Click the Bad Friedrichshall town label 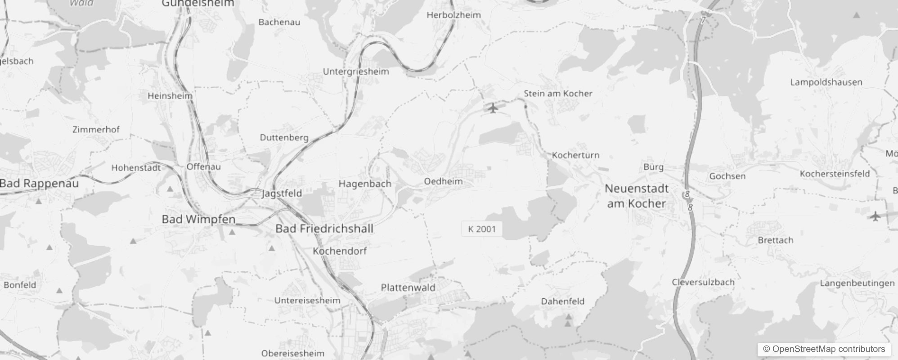tap(324, 229)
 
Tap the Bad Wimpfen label tap(198, 219)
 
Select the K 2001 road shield tap(481, 229)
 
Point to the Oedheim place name tap(443, 181)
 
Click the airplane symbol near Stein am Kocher tap(493, 108)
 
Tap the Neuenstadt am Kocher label tap(636, 196)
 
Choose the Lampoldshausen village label tap(826, 82)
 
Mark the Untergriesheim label tap(356, 72)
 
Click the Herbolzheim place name tap(453, 15)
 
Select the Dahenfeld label tap(562, 301)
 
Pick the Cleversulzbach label tap(703, 283)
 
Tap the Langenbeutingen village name tap(857, 283)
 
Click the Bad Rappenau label tap(39, 184)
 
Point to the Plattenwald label tap(408, 288)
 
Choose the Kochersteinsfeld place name tap(835, 174)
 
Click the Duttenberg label tap(284, 138)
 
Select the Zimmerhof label tap(96, 130)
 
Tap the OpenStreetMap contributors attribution tap(824, 349)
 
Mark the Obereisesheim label tap(292, 354)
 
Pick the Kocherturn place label tap(575, 155)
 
